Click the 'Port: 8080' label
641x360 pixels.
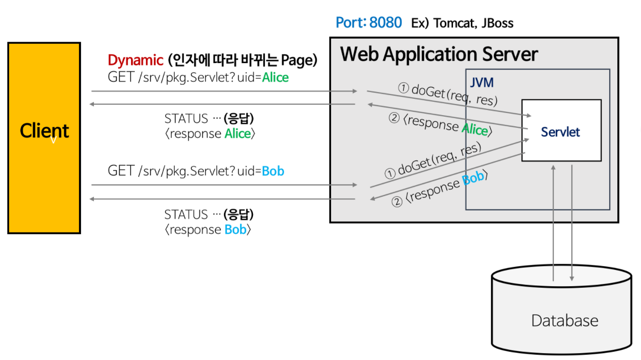368,23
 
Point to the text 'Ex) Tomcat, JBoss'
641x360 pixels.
462,23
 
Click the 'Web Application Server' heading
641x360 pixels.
439,54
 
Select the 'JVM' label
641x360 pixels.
482,82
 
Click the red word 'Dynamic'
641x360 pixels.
135,60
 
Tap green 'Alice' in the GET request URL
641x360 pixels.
275,77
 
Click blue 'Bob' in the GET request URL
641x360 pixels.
273,171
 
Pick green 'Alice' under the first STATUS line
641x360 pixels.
238,133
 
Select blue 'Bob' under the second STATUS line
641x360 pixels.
236,229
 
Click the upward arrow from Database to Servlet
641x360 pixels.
553,222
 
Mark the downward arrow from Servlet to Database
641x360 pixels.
572,222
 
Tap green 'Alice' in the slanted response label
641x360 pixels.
474,129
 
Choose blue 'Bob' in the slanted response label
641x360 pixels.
473,179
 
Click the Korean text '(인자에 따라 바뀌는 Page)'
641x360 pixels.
242,60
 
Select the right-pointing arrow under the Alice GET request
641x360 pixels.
224,91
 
